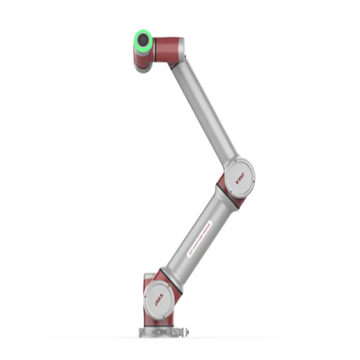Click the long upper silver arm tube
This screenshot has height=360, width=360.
[205, 112]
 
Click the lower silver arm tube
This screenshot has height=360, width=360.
[194, 233]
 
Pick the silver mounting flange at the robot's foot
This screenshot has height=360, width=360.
[160, 332]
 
